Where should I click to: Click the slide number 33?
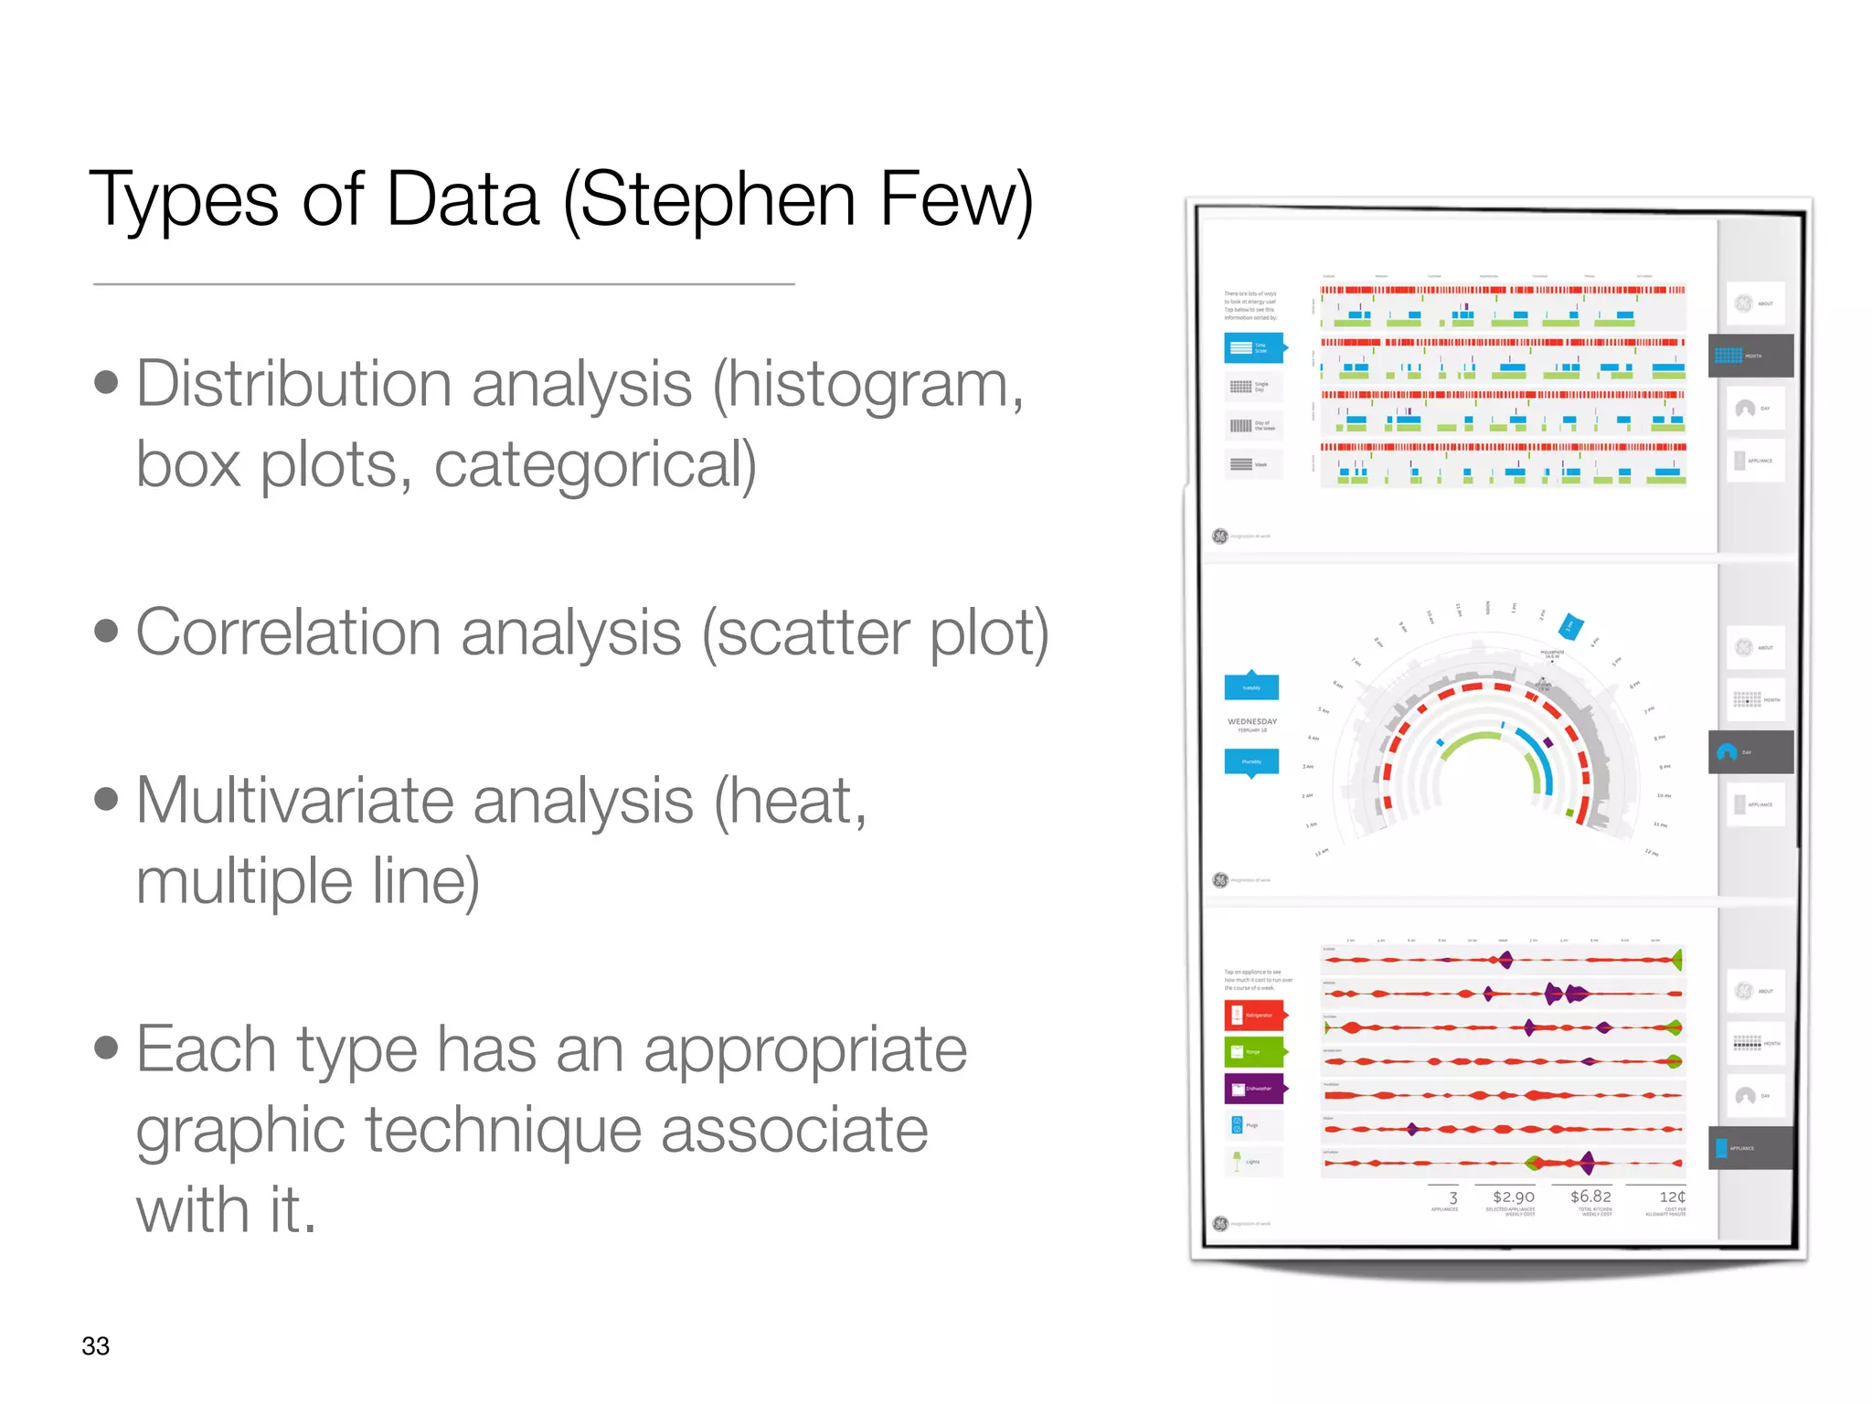95,1345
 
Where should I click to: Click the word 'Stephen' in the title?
717,200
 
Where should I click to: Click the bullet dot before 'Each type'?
107,1048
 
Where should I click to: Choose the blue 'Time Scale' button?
1254,348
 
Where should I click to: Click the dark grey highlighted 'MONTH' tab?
1750,356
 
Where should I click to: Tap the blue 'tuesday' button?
1251,686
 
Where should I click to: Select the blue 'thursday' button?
1251,761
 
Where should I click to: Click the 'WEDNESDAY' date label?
1252,722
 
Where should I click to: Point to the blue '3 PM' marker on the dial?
1570,626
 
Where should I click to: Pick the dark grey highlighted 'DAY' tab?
1750,752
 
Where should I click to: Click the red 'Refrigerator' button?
1255,1015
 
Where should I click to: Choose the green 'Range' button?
1255,1051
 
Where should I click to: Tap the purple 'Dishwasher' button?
1255,1088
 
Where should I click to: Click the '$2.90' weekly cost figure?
1513,1197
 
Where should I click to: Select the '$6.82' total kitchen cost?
1590,1197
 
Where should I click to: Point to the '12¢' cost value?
1672,1197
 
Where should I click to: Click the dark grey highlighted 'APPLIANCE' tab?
1750,1148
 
